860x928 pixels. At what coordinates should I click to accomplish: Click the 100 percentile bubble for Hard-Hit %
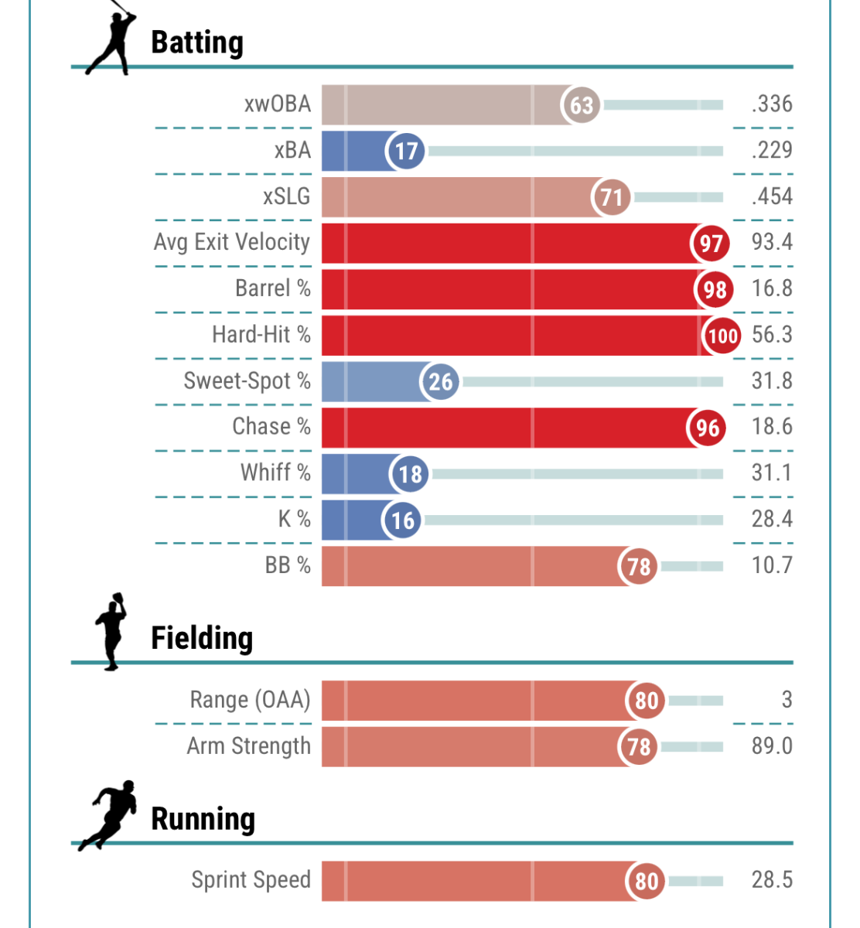[722, 336]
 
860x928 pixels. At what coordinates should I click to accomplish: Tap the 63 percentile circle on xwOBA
[582, 104]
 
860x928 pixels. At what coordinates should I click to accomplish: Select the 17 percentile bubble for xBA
[407, 151]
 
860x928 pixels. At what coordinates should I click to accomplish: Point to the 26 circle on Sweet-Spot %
[440, 381]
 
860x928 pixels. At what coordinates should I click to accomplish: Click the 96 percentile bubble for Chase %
[707, 428]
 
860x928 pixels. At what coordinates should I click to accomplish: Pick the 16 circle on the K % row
[402, 520]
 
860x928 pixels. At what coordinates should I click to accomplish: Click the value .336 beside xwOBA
[772, 104]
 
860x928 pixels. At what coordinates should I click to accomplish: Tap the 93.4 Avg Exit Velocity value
[772, 242]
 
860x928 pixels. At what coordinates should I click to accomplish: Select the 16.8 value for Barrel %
[772, 288]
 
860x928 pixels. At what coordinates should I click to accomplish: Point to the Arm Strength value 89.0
[772, 745]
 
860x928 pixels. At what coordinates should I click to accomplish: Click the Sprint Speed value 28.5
[772, 879]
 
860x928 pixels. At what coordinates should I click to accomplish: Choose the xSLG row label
[286, 196]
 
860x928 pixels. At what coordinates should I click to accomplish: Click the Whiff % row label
[275, 473]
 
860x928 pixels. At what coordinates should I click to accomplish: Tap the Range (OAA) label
[250, 700]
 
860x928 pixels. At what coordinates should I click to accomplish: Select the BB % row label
[288, 565]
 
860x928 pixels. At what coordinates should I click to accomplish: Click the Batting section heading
[197, 43]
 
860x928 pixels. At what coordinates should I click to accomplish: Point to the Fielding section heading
[202, 638]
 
